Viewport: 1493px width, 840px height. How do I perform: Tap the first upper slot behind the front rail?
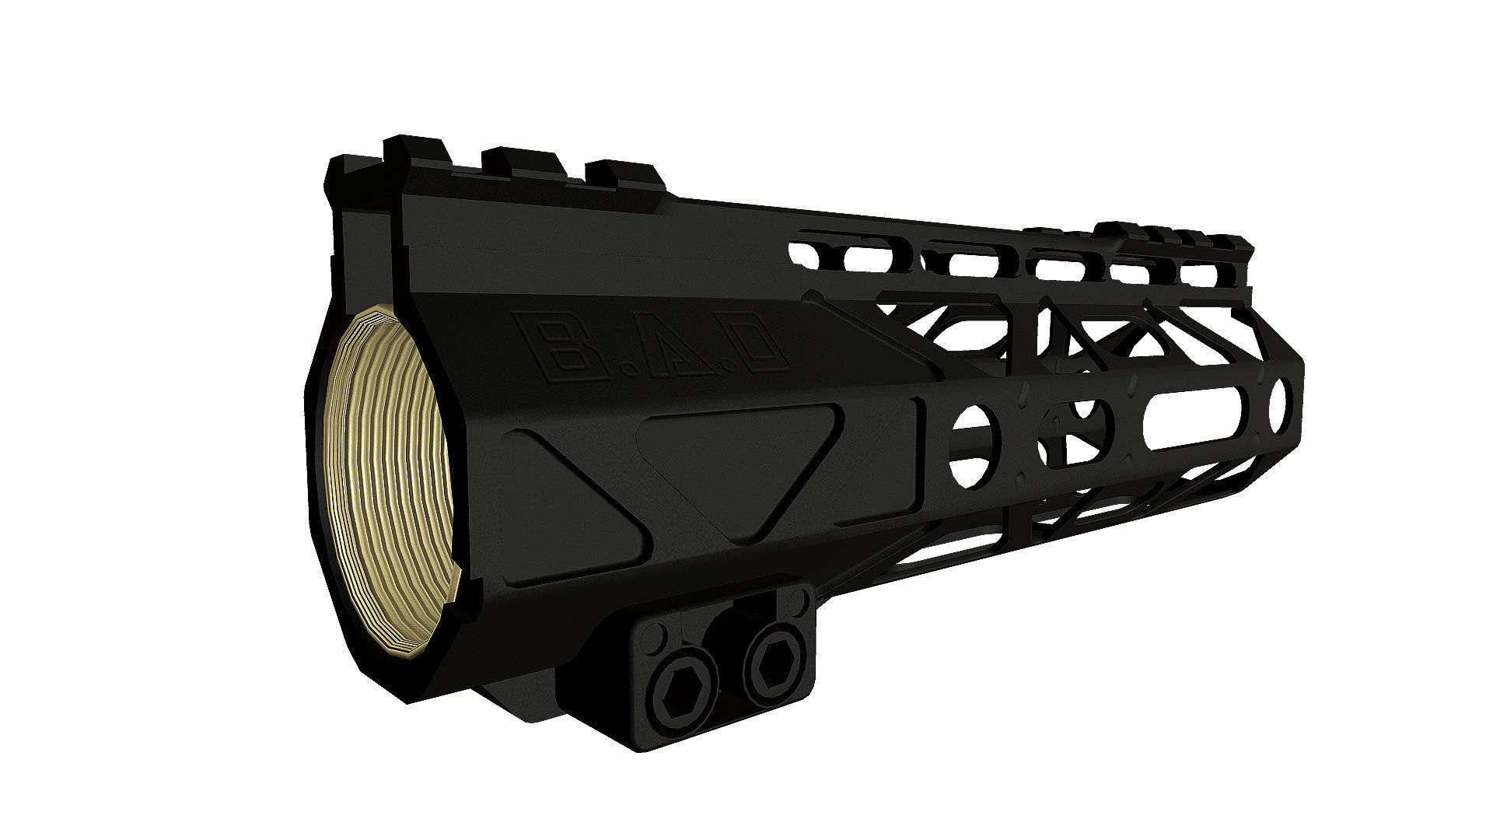(851, 260)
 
